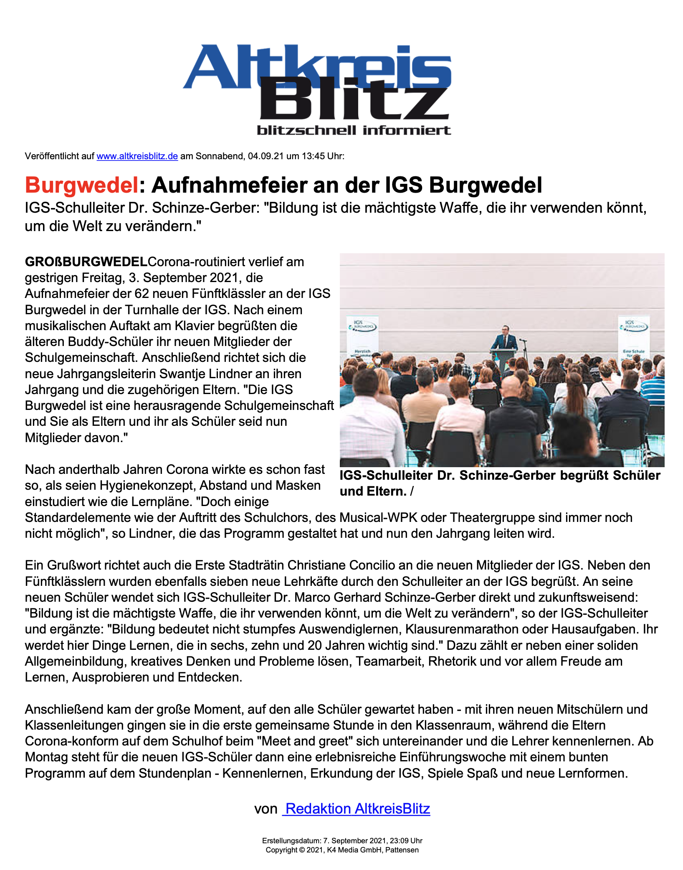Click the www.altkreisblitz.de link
tap(137, 156)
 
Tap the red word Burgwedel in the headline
tap(81, 185)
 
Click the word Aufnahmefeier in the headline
tap(229, 185)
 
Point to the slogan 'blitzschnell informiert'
tap(354, 130)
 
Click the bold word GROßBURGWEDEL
tap(86, 262)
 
